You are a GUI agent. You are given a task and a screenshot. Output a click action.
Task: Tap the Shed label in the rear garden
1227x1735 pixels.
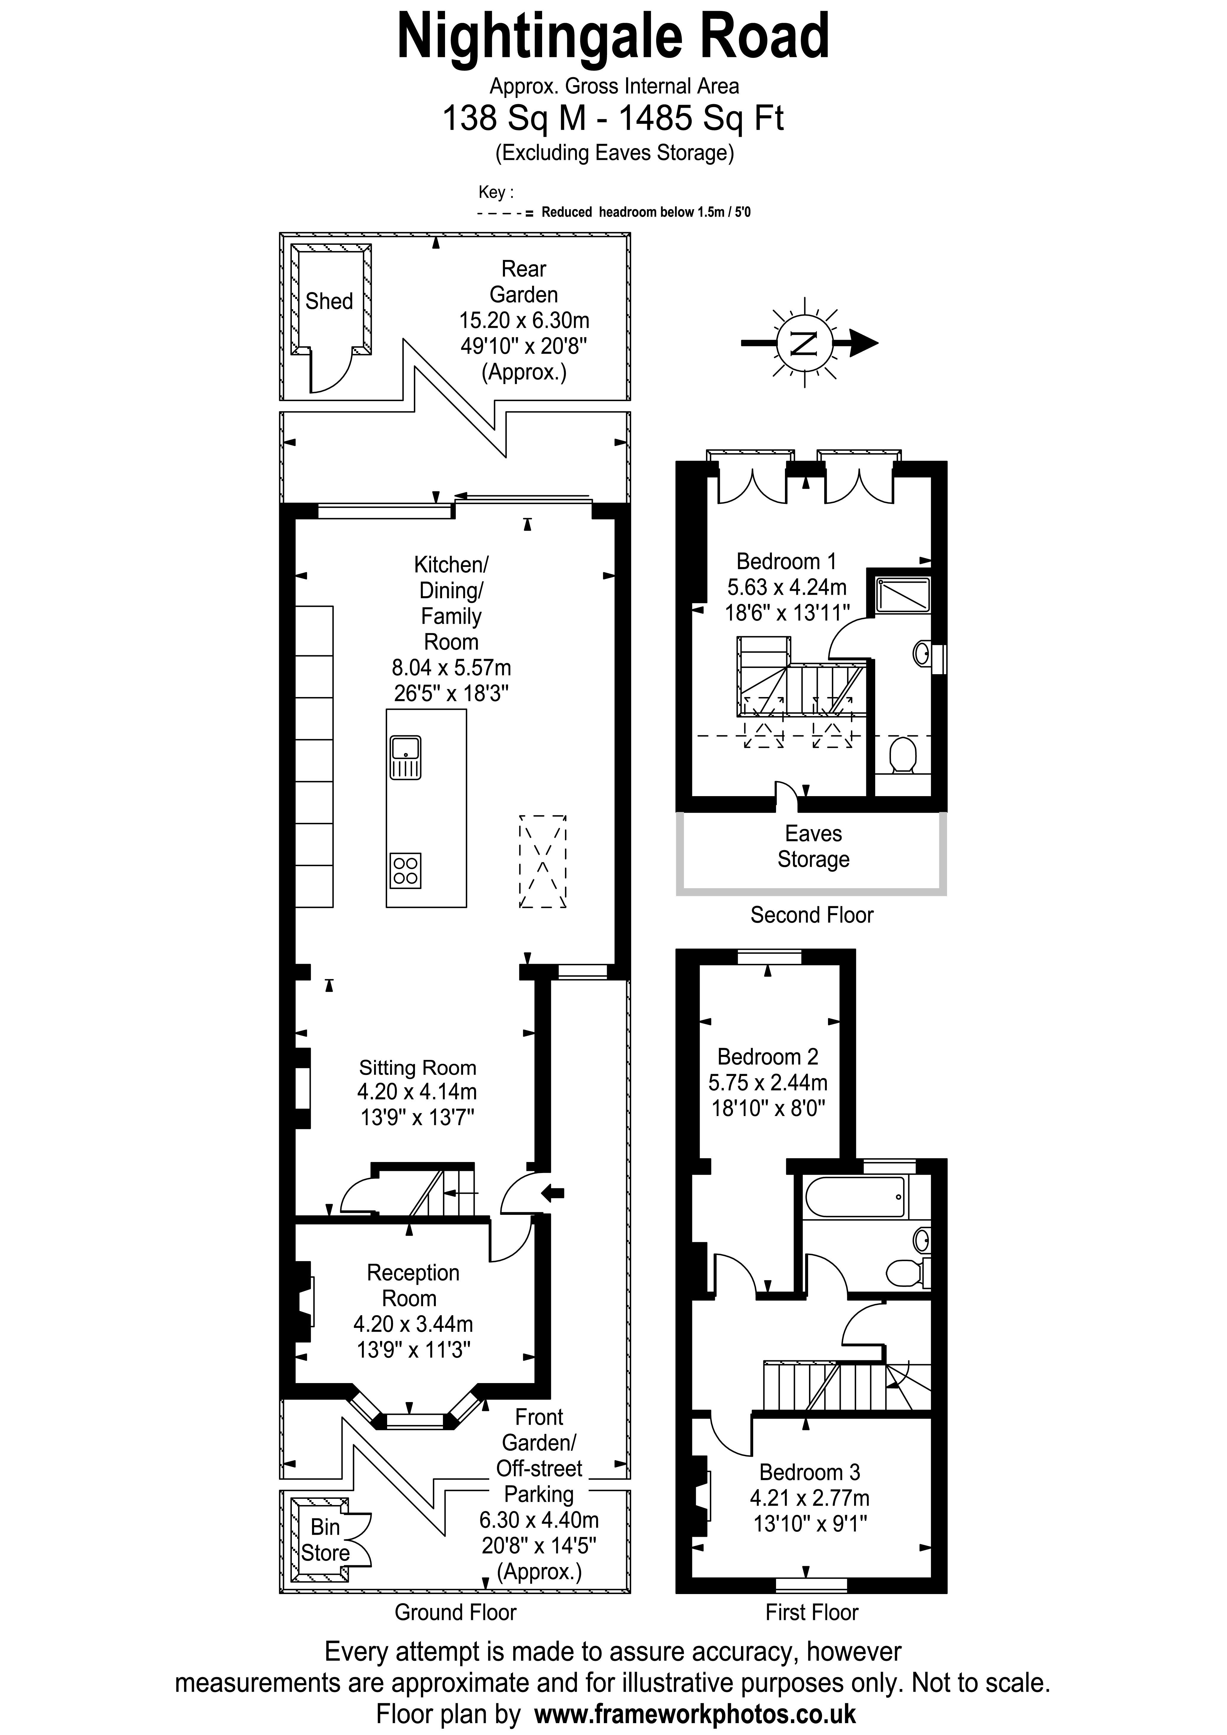point(329,301)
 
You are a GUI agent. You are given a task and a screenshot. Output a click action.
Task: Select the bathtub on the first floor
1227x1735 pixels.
point(854,1197)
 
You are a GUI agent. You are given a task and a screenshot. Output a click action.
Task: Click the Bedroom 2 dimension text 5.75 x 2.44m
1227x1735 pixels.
point(767,1082)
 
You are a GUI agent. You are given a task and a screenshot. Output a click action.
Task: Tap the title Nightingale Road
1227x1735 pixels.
point(613,36)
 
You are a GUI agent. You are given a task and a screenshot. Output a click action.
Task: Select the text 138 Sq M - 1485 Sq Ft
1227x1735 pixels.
point(613,119)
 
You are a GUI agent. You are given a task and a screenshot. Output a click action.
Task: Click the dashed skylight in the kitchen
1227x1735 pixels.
point(542,861)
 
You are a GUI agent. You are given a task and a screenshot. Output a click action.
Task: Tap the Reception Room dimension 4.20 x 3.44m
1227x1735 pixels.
point(413,1324)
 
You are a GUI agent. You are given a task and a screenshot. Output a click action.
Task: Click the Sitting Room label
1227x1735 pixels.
point(417,1068)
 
